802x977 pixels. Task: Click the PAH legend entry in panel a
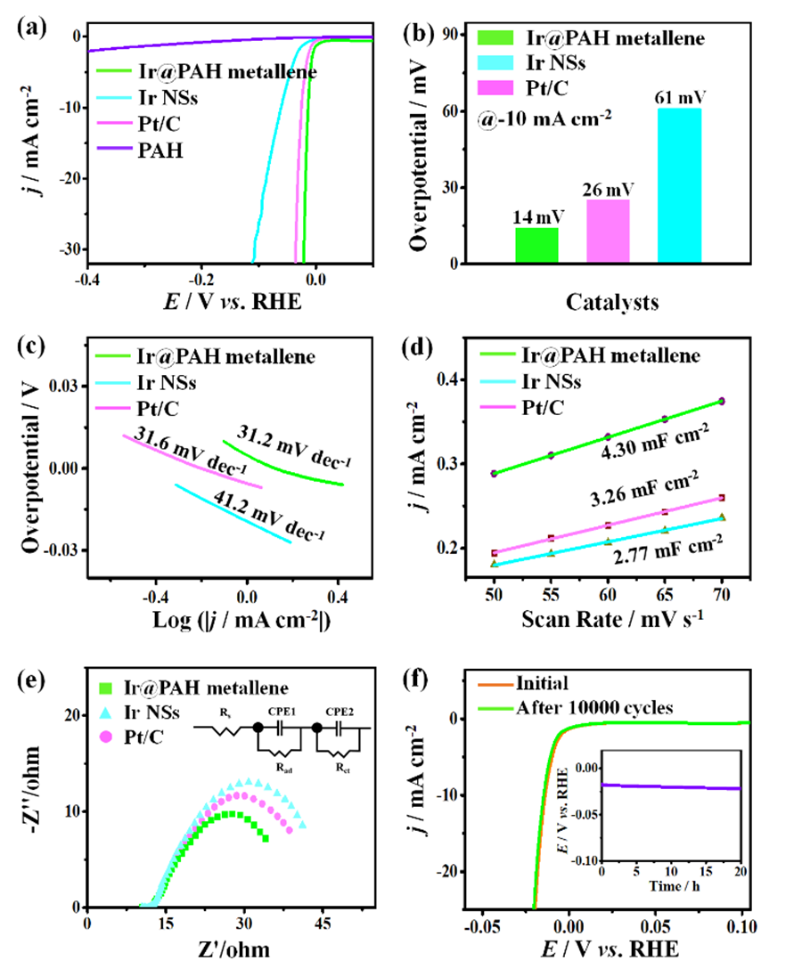160,151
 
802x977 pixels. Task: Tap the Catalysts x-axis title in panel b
612,303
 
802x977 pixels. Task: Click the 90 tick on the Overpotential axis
453,34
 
